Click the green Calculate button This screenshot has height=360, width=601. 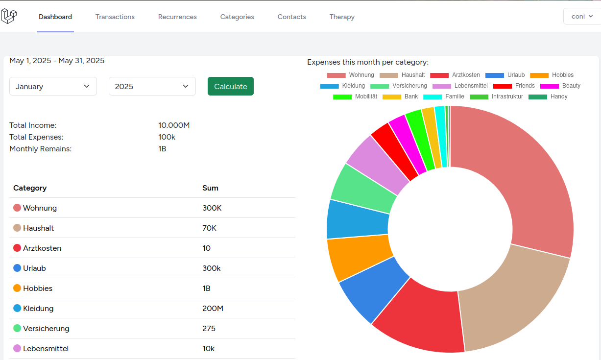(230, 86)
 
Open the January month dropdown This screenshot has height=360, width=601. (53, 86)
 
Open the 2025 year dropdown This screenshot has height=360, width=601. (152, 86)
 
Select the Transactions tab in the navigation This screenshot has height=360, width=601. (115, 17)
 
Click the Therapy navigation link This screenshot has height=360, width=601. (342, 17)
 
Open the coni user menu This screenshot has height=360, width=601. (582, 16)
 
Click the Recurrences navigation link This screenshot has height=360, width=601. (177, 17)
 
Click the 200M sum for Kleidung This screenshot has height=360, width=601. (213, 309)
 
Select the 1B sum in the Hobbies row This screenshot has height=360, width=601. (206, 288)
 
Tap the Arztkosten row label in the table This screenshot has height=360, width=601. (42, 248)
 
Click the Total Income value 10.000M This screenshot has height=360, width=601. (174, 125)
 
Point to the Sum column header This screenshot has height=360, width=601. (210, 188)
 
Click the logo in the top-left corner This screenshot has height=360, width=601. (9, 16)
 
